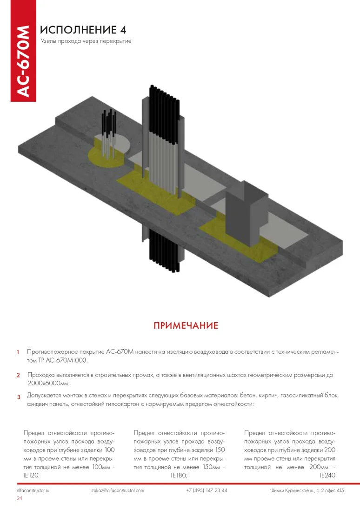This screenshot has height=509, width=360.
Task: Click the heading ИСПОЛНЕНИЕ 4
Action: tap(83, 30)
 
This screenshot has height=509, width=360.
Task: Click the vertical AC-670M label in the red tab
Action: tap(23, 60)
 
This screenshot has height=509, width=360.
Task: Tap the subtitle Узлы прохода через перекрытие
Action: tap(86, 41)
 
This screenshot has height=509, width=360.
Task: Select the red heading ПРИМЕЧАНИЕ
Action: tap(186, 325)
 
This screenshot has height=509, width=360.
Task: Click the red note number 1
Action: tap(18, 353)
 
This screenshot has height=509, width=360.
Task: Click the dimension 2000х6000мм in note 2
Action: tap(48, 383)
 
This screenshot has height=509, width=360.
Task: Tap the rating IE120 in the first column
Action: tap(31, 476)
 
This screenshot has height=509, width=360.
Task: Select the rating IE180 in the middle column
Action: tap(179, 476)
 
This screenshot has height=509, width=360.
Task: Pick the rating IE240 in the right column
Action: tap(327, 476)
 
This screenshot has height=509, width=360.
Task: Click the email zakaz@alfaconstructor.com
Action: tap(118, 490)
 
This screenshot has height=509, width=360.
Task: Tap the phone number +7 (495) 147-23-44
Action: tap(207, 490)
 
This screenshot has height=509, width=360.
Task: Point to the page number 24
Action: tap(20, 498)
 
